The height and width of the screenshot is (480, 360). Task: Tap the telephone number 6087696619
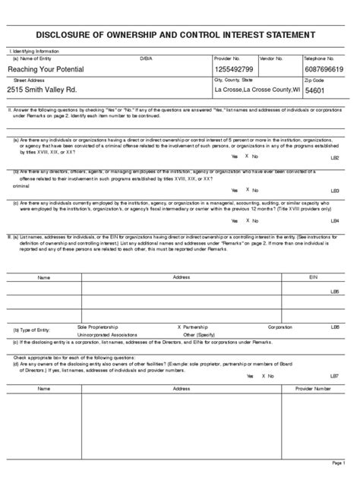click(x=324, y=70)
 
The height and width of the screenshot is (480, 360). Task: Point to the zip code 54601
click(x=315, y=90)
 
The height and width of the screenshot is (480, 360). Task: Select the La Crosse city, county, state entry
click(x=257, y=90)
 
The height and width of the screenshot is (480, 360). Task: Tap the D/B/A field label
click(x=146, y=58)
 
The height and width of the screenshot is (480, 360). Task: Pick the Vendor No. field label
click(x=271, y=58)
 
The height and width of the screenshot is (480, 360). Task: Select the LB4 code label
click(x=335, y=221)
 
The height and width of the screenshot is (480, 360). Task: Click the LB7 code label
click(x=335, y=376)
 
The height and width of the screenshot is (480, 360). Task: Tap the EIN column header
click(x=313, y=277)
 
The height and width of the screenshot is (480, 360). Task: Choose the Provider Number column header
click(x=313, y=388)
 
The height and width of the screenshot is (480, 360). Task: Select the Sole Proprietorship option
click(x=98, y=327)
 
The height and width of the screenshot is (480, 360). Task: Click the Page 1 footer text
click(x=339, y=463)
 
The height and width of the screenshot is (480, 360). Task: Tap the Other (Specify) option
click(x=195, y=335)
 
